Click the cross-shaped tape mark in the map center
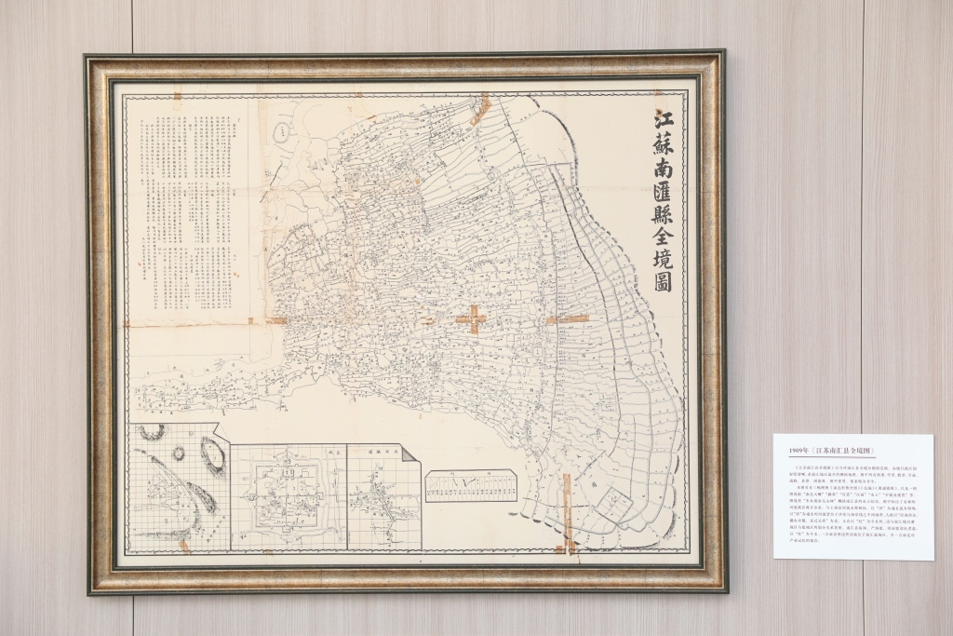pos(472,319)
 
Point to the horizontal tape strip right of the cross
pos(568,319)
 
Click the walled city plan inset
pos(289,497)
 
